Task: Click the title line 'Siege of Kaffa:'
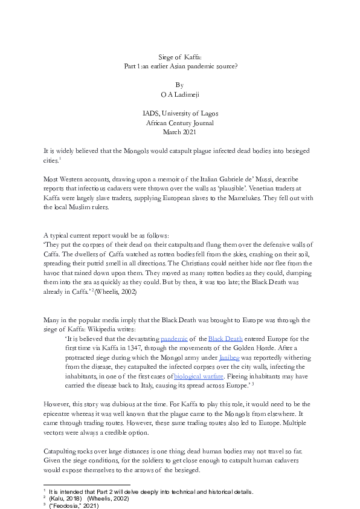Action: click(179, 57)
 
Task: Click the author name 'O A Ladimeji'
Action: click(179, 94)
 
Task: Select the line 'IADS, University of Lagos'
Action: click(180, 113)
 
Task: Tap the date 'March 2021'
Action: click(179, 132)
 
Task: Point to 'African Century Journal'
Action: click(180, 123)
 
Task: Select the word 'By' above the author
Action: click(179, 85)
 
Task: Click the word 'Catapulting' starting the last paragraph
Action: click(62, 450)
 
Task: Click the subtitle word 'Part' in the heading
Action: click(130, 66)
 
